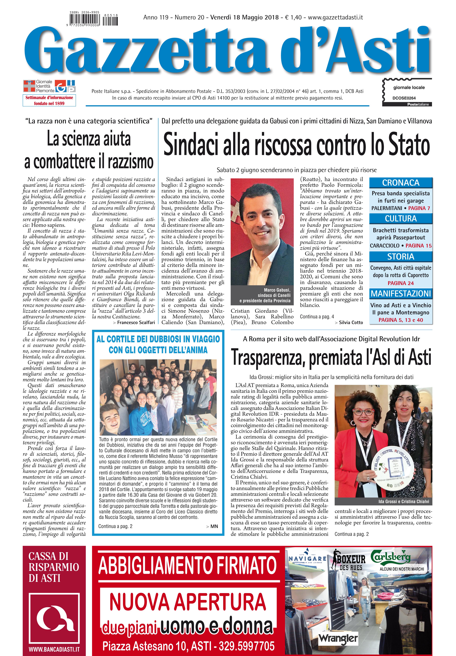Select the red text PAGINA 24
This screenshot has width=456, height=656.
point(401,283)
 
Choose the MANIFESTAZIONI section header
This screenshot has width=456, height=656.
point(401,294)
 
